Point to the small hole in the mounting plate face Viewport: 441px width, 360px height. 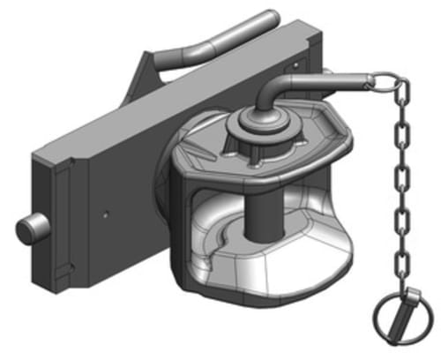[104, 212]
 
